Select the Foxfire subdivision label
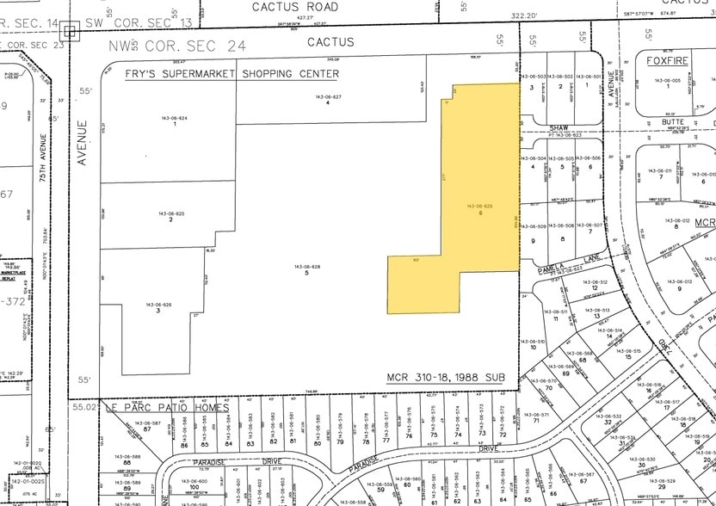pyautogui.click(x=674, y=60)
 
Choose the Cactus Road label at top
pyautogui.click(x=283, y=6)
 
